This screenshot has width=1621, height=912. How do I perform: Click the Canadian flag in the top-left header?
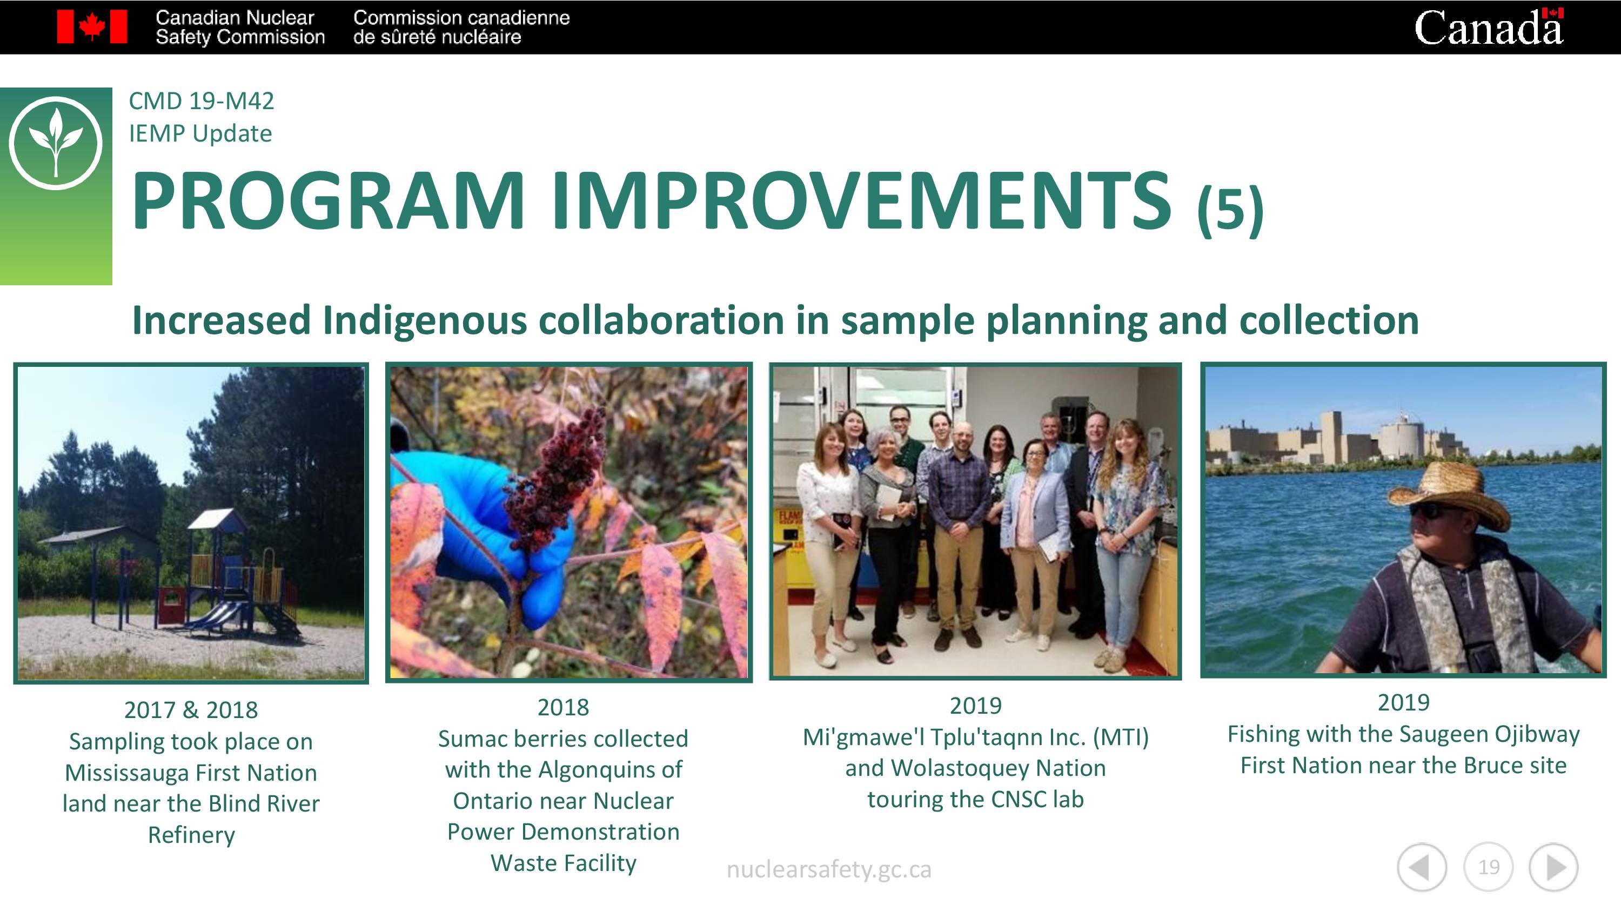pyautogui.click(x=92, y=27)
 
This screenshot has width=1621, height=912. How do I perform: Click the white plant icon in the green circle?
pyautogui.click(x=56, y=141)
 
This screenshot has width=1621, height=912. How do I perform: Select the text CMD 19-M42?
pyautogui.click(x=202, y=100)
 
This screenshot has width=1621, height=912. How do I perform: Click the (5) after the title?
pyautogui.click(x=1230, y=210)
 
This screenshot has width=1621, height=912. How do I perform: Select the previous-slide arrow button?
pyautogui.click(x=1422, y=867)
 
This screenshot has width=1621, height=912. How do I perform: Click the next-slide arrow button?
pyautogui.click(x=1553, y=867)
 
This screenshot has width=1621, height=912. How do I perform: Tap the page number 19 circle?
pyautogui.click(x=1488, y=867)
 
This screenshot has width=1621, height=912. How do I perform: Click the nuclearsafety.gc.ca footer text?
pyautogui.click(x=829, y=869)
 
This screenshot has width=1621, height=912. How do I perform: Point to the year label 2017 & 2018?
pyautogui.click(x=191, y=710)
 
